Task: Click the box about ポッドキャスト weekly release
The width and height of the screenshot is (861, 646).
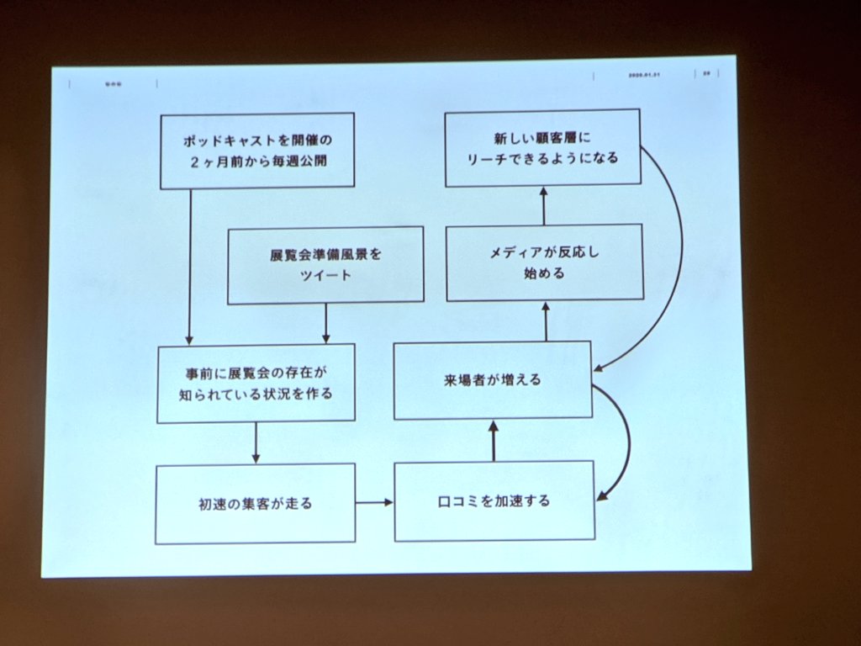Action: [x=256, y=150]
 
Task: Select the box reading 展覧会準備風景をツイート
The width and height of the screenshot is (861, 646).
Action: [x=325, y=264]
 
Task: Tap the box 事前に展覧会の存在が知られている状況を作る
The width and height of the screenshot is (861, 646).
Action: [x=256, y=382]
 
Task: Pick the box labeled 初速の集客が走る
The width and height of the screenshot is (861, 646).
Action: [x=255, y=505]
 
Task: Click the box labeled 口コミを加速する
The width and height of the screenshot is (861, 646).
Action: [x=494, y=501]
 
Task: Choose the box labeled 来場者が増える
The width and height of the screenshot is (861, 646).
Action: [x=493, y=379]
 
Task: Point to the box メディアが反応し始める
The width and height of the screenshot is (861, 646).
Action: [x=544, y=262]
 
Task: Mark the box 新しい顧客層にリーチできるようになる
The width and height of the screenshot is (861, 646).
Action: [x=542, y=147]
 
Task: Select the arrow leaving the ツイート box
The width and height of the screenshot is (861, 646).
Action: [x=326, y=322]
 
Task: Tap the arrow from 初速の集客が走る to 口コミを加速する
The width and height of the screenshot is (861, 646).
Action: [x=374, y=503]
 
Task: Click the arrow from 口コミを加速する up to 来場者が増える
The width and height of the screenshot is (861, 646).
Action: [x=494, y=440]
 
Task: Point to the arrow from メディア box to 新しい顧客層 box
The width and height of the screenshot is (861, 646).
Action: [x=543, y=205]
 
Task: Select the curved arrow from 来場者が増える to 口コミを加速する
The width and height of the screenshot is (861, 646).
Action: [x=626, y=442]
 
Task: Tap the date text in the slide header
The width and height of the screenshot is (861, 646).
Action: [x=645, y=75]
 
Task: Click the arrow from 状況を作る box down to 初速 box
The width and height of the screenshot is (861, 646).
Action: [x=256, y=442]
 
